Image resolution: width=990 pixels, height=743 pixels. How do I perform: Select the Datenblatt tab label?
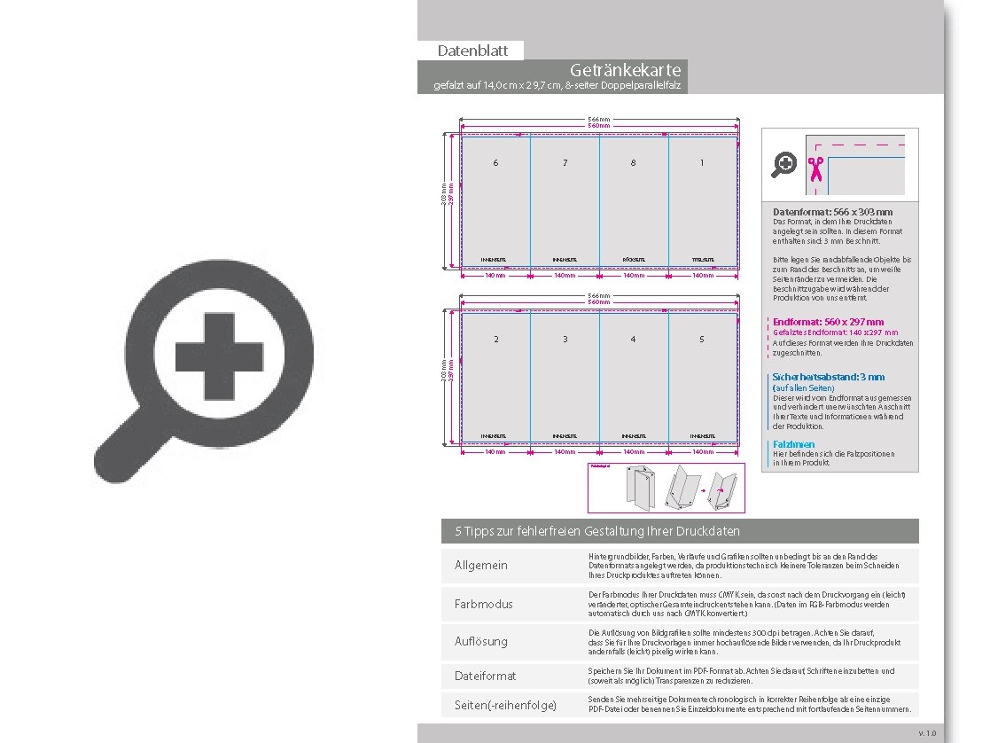coord(472,51)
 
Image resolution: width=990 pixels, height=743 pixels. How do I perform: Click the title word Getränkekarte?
coord(626,70)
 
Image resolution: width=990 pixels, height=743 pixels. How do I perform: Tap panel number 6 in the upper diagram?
coord(495,163)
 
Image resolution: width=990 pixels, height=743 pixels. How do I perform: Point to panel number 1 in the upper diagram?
coord(702,163)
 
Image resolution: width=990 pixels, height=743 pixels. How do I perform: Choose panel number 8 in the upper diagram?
coord(633,163)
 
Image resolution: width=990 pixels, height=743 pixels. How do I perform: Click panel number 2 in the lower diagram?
coord(495,340)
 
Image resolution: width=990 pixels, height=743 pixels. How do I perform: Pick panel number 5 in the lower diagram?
coord(702,340)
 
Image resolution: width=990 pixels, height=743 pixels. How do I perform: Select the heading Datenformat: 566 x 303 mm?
coord(832,213)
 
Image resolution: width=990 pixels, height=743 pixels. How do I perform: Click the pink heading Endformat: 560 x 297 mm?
coord(828,322)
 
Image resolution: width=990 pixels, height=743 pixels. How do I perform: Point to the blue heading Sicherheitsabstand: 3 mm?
coord(828,377)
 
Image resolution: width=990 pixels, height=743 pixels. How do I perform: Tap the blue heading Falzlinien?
coord(793,444)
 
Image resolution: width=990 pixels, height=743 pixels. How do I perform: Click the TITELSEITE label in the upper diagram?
coord(702,260)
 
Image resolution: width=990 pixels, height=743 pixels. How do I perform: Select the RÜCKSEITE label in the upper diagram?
coord(633,260)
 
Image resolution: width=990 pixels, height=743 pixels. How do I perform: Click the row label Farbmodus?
coord(484,604)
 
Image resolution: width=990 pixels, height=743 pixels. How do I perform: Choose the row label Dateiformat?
coord(485,676)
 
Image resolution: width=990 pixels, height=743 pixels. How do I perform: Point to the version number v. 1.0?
coord(926,732)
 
